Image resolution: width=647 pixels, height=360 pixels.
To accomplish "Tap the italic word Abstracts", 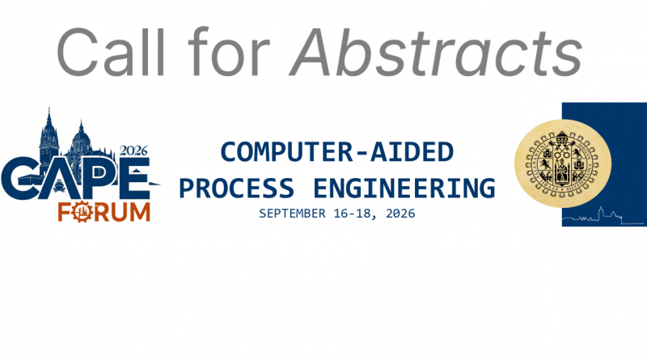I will coord(437,52).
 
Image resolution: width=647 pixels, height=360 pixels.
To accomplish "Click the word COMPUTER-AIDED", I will coord(336,152).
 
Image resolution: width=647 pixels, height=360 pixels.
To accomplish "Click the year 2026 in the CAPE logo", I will coord(135,150).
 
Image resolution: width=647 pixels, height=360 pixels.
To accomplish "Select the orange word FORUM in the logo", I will coord(104,212).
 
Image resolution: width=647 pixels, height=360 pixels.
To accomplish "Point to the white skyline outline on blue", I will coord(603,217).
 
